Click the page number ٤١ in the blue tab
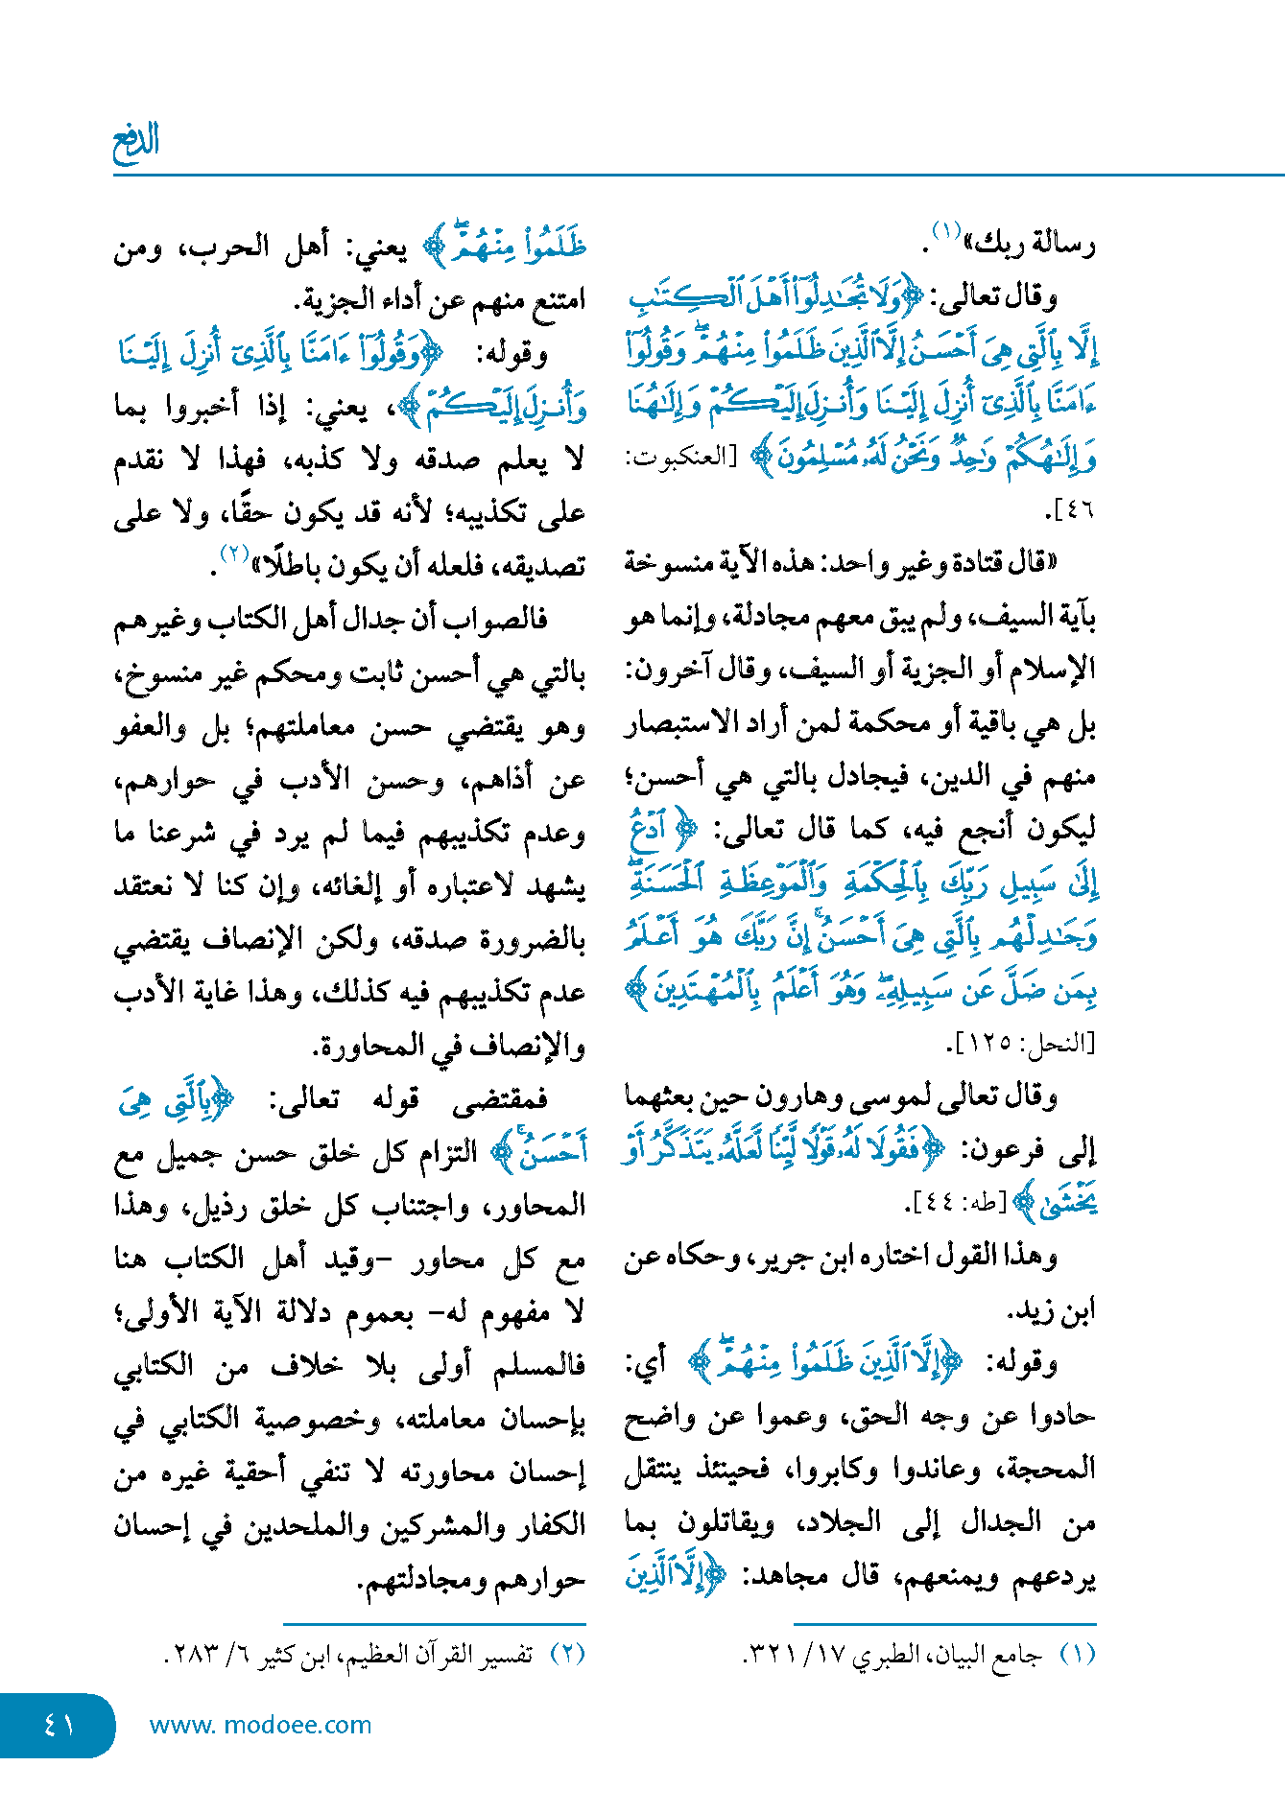[x=59, y=1725]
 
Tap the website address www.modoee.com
[x=260, y=1725]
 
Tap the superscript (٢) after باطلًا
[x=234, y=554]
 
